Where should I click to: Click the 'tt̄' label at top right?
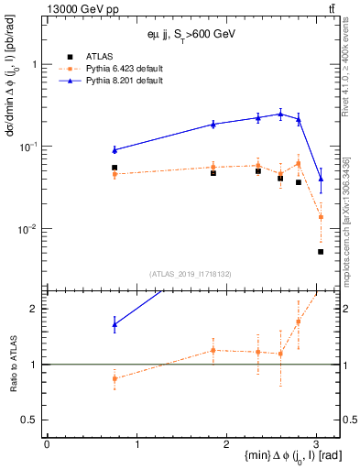pos(332,8)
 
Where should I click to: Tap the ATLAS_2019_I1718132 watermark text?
pos(191,273)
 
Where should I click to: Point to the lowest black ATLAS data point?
pos(321,252)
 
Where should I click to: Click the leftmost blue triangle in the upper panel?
pos(115,149)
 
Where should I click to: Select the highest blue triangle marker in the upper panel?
pos(280,115)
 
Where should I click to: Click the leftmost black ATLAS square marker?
pos(115,168)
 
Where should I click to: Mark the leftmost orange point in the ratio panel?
pos(115,378)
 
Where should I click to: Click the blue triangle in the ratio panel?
pos(115,323)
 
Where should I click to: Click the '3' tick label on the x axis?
pos(316,443)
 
